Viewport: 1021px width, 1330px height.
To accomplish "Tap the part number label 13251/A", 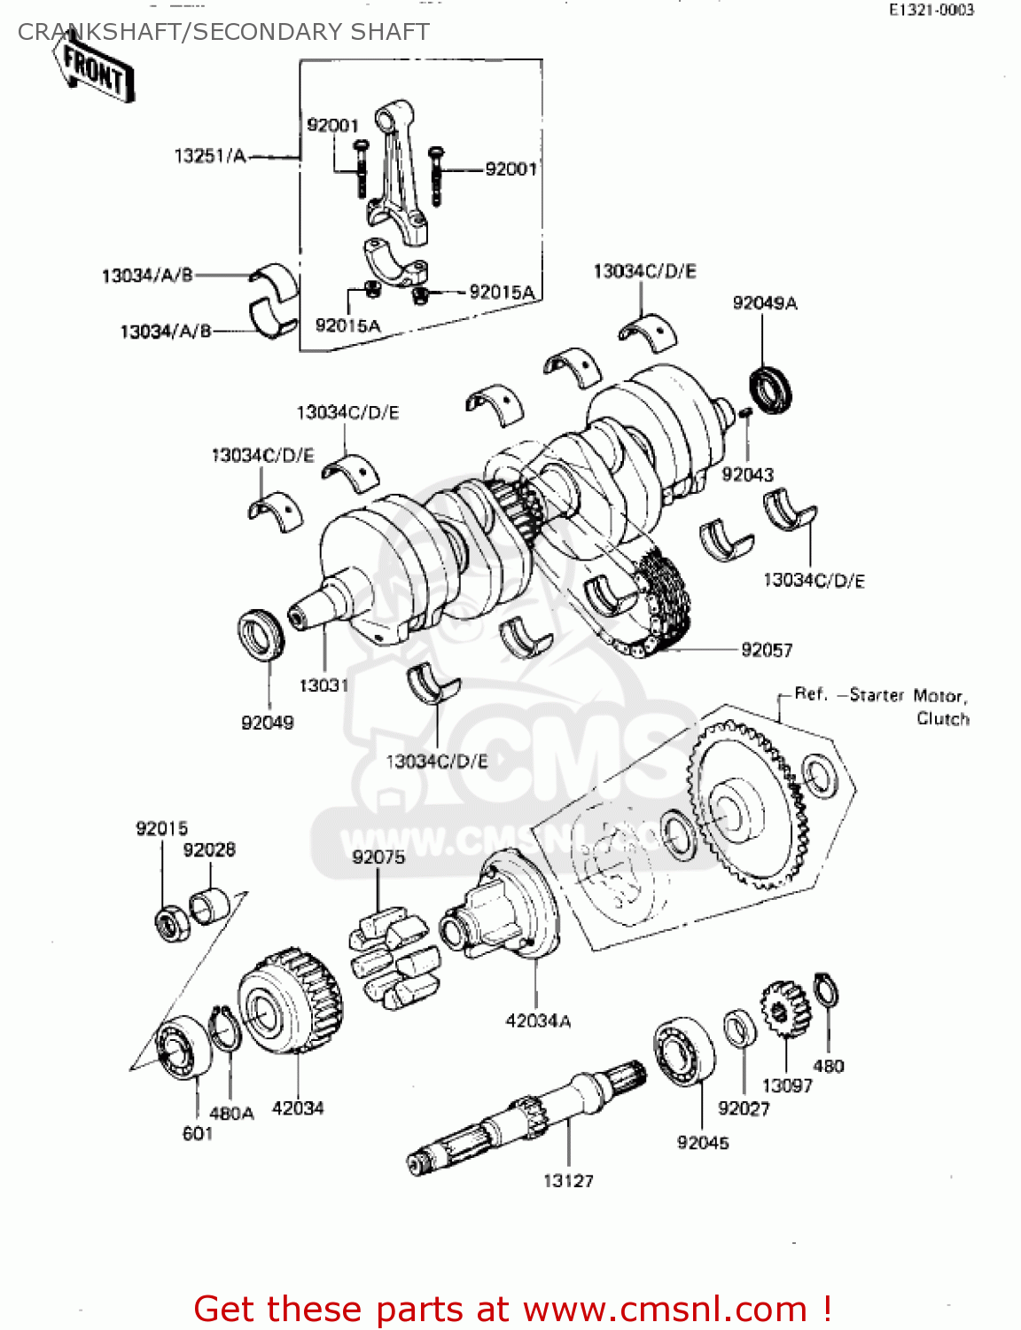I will [x=210, y=156].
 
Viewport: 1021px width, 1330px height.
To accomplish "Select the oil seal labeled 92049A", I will [x=771, y=389].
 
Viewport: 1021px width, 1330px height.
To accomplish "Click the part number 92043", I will [x=747, y=474].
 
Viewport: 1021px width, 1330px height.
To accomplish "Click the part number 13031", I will [x=323, y=685].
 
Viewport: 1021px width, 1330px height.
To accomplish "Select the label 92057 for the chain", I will [x=767, y=650].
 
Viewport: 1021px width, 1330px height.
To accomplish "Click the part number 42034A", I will [x=538, y=1021].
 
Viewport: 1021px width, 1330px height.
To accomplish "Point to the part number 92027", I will [x=744, y=1108].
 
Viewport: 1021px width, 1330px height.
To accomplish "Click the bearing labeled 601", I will [x=183, y=1051].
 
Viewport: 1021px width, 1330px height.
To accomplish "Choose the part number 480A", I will [x=231, y=1113].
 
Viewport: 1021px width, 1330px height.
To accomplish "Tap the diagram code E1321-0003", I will [x=931, y=10].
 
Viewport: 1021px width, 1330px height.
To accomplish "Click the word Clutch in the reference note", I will [x=942, y=718].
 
